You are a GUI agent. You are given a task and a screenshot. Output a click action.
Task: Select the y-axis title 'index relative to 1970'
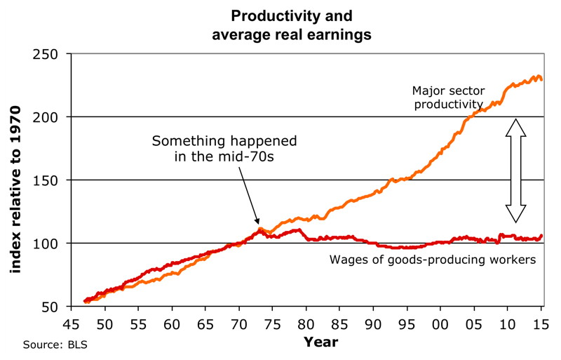click(15, 189)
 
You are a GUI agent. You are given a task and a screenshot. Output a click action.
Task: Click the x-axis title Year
click(320, 342)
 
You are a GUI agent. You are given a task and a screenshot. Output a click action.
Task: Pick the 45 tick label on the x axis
click(72, 324)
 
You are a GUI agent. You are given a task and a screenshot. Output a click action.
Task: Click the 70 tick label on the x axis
click(238, 324)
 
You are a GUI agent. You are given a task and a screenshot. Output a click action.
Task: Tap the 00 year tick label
click(440, 324)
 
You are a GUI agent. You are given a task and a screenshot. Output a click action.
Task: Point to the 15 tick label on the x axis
click(540, 324)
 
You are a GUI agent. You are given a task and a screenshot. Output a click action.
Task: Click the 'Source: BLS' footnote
click(55, 345)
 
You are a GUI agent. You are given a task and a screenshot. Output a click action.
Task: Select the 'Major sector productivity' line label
click(448, 97)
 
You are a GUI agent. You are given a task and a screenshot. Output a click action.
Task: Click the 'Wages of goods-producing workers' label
click(433, 260)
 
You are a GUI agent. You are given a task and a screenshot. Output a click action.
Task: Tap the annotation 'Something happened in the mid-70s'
click(224, 148)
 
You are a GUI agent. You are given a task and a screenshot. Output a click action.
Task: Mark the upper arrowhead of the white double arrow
click(515, 127)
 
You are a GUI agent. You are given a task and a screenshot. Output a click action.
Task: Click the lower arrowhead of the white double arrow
click(515, 214)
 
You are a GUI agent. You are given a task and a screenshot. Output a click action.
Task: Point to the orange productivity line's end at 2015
click(541, 79)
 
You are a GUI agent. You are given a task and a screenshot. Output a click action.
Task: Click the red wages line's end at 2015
click(541, 236)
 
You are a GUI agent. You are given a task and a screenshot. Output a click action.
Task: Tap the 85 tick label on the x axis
click(339, 324)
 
